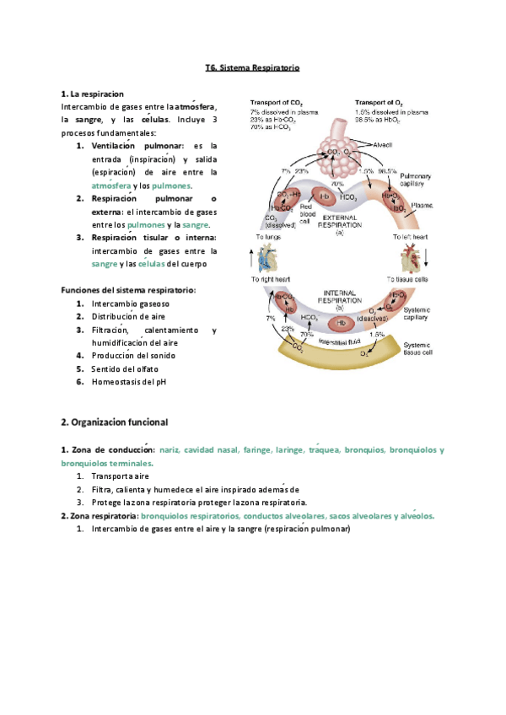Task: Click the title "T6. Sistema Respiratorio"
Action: point(253,67)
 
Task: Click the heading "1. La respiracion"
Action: point(93,93)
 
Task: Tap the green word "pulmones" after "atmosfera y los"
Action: point(171,185)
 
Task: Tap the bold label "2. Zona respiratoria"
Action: point(100,516)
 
